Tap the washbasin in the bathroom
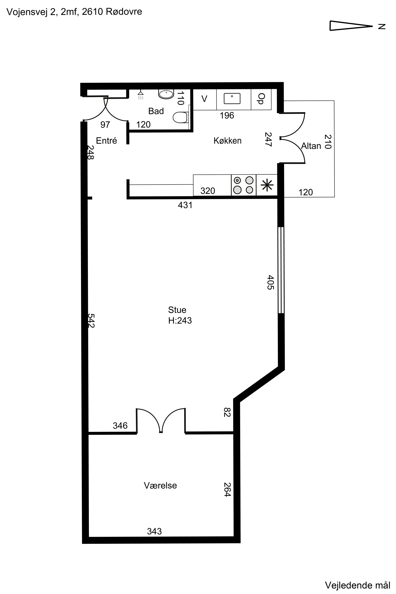166,94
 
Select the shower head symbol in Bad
141,95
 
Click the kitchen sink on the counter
232,98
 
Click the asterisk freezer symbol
267,185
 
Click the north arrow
351,26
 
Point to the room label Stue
177,310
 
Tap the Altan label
311,146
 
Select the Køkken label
228,140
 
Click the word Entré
106,140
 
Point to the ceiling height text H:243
180,321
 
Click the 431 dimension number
185,205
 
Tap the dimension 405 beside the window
270,282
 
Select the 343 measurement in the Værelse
154,531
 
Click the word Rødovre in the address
124,12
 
